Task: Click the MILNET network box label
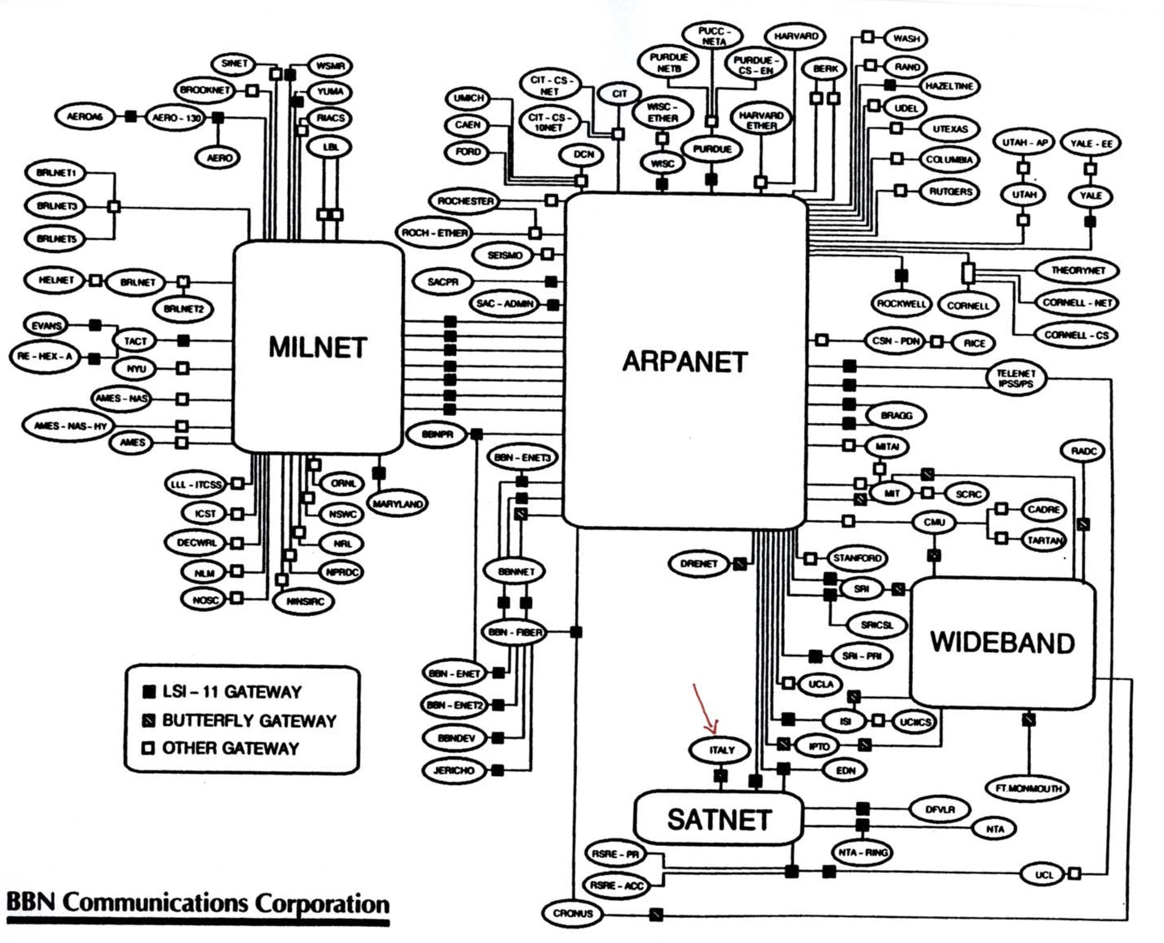(318, 348)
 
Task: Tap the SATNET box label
(719, 820)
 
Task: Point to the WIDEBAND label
(1002, 643)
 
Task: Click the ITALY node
(721, 750)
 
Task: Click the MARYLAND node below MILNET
(397, 504)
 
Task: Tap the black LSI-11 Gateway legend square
(148, 692)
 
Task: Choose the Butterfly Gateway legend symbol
(148, 720)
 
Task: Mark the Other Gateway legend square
(148, 749)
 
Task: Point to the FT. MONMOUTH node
(1028, 788)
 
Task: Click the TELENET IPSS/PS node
(1015, 379)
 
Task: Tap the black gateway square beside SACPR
(551, 281)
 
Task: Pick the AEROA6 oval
(84, 116)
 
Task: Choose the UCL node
(1043, 875)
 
